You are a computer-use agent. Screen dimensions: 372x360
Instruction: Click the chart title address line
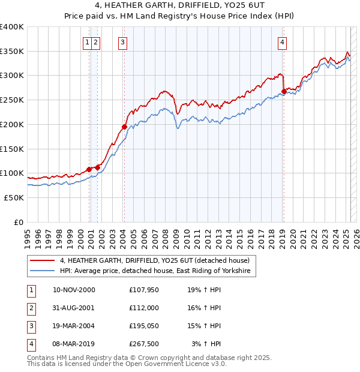(x=179, y=7)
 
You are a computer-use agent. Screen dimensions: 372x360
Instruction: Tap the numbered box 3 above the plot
(x=122, y=42)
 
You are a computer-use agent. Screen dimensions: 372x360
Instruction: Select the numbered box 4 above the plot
(x=282, y=42)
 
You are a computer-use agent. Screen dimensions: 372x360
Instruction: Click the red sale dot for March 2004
(x=124, y=127)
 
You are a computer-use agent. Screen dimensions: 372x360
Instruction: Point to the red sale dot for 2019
(x=284, y=92)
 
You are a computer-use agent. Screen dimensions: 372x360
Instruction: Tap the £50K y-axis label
(x=14, y=197)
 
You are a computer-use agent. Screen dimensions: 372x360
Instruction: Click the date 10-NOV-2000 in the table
(x=74, y=290)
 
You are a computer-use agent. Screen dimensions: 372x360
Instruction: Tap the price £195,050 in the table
(x=145, y=326)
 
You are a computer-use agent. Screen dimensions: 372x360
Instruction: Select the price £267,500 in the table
(x=145, y=344)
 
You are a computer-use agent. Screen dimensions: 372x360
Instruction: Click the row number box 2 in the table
(x=31, y=308)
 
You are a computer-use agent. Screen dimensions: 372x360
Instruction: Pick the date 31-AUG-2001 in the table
(x=74, y=308)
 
